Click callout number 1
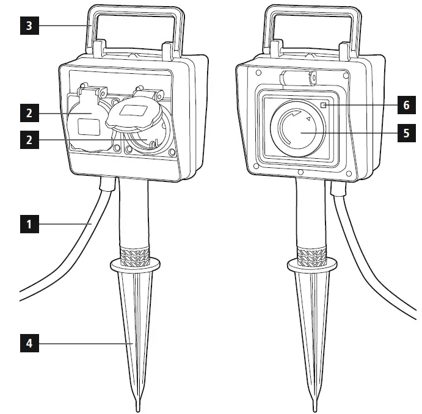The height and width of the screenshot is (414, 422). click(28, 224)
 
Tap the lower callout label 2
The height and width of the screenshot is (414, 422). click(28, 140)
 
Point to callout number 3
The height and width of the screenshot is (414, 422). click(28, 27)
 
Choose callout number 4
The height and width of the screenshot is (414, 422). click(28, 344)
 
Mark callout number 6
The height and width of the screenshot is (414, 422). click(406, 105)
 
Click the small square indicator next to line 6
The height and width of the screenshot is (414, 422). click(323, 106)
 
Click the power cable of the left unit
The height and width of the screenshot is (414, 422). click(73, 244)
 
